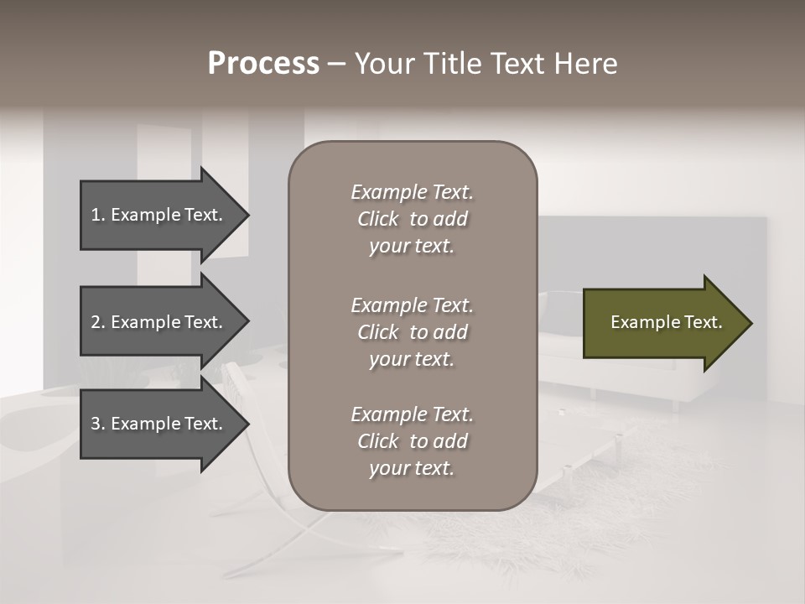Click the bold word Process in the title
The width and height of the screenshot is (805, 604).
tap(263, 64)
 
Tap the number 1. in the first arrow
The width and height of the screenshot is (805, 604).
tap(97, 215)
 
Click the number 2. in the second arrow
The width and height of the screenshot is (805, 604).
tap(97, 322)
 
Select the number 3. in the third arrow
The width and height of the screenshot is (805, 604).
tap(97, 424)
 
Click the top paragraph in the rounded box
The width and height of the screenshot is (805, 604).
tap(412, 219)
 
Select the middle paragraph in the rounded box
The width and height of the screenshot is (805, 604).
tap(412, 332)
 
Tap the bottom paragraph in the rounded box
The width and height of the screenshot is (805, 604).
tap(412, 441)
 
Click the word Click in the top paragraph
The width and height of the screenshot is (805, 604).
tap(377, 219)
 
